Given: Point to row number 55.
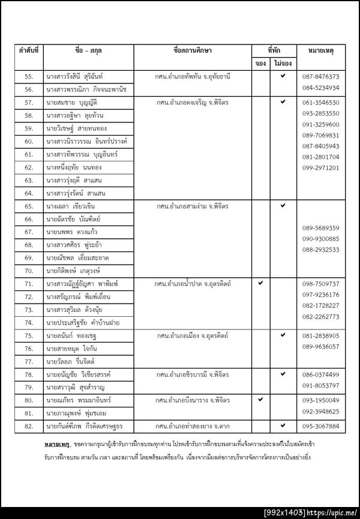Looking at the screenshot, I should [x=28, y=77].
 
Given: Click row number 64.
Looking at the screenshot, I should [x=28, y=193].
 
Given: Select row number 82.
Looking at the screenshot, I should [x=28, y=426].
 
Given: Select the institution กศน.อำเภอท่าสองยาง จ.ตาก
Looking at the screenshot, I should [x=193, y=426].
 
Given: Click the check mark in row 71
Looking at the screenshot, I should [x=260, y=282].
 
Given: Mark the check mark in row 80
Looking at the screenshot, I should [x=260, y=398].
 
